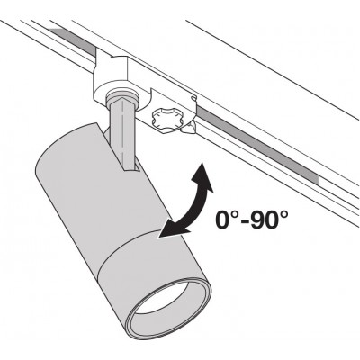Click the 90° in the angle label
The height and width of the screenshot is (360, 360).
[x=269, y=220]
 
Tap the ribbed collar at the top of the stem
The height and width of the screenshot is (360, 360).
[x=122, y=96]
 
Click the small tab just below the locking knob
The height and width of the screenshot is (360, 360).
[x=189, y=129]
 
